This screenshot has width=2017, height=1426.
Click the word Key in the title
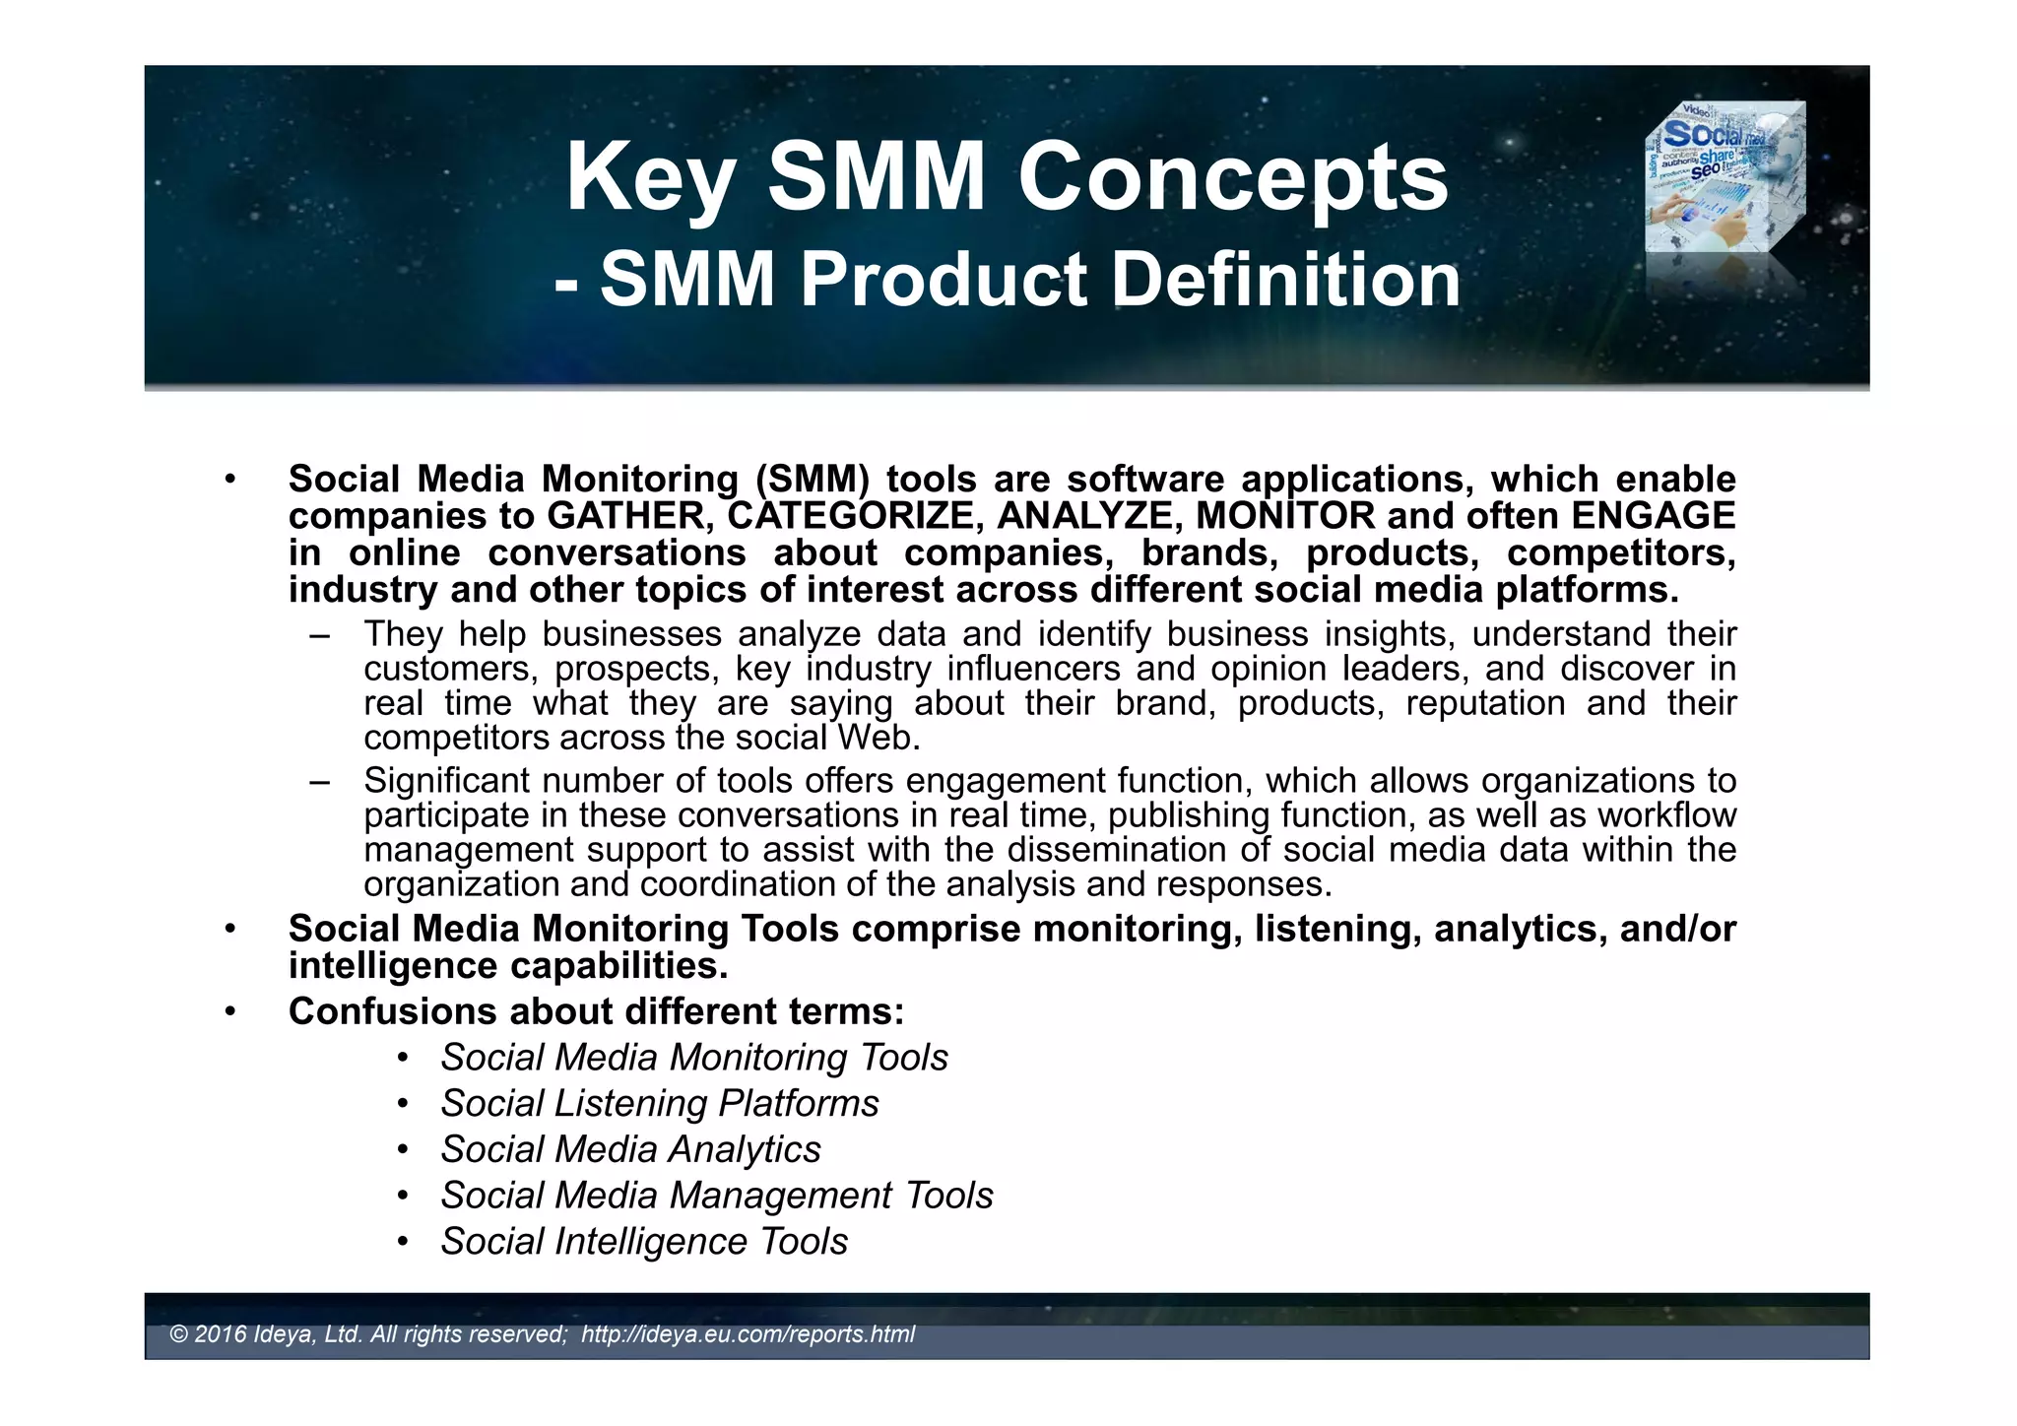[650, 179]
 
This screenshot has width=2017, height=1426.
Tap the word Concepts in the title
[1233, 179]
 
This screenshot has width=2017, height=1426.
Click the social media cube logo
[1724, 178]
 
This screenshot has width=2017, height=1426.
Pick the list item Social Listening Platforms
[659, 1104]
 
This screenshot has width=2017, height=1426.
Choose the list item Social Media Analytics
[630, 1150]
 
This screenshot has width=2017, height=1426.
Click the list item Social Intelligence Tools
[644, 1242]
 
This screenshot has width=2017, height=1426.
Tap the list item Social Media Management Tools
[717, 1196]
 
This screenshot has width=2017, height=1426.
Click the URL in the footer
[748, 1334]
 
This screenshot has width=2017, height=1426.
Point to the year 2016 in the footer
[221, 1334]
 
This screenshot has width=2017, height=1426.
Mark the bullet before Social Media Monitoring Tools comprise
[229, 930]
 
